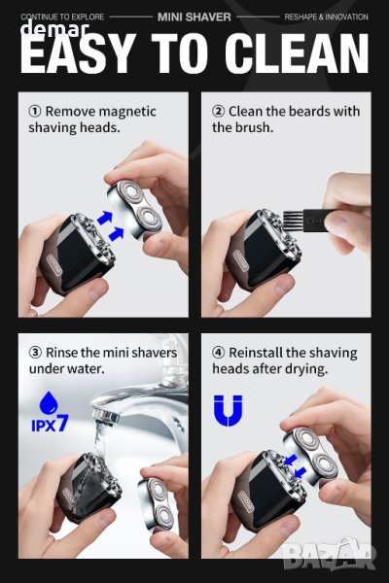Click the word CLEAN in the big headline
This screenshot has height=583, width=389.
coord(297,53)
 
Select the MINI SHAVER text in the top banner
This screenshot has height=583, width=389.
coord(194,17)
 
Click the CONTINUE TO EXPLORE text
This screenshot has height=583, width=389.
coord(62,17)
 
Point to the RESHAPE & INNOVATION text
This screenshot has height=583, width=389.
coord(326,17)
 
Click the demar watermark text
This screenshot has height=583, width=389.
coord(55,28)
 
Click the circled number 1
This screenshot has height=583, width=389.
coord(35,111)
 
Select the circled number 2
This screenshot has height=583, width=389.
coord(218,111)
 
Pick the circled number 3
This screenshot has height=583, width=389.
coord(35,353)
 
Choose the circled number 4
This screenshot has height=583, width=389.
coord(218,353)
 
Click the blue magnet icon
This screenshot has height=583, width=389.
coord(228,410)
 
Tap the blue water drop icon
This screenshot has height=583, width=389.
coord(49,402)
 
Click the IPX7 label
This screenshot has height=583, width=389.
coord(50,424)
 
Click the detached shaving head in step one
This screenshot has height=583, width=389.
coord(135,209)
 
